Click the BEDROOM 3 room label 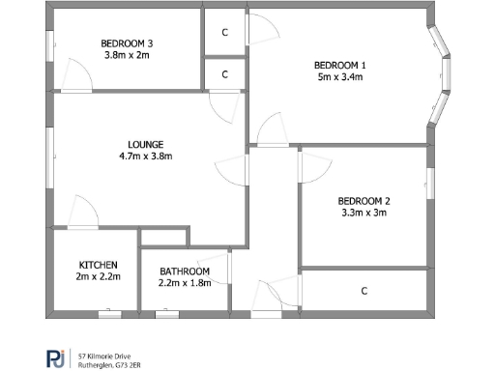click(128, 43)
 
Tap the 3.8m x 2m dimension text click(128, 56)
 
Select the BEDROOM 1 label click(339, 66)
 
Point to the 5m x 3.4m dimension click(339, 78)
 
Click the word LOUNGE click(145, 145)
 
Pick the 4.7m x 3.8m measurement click(145, 157)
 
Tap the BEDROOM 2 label click(364, 201)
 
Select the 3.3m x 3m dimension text click(364, 214)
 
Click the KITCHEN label click(99, 265)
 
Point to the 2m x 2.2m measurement click(99, 277)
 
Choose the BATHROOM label click(184, 271)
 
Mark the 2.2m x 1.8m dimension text click(184, 284)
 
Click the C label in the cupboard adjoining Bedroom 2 click(364, 291)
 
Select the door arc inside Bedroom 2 click(311, 166)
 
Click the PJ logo click(57, 357)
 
